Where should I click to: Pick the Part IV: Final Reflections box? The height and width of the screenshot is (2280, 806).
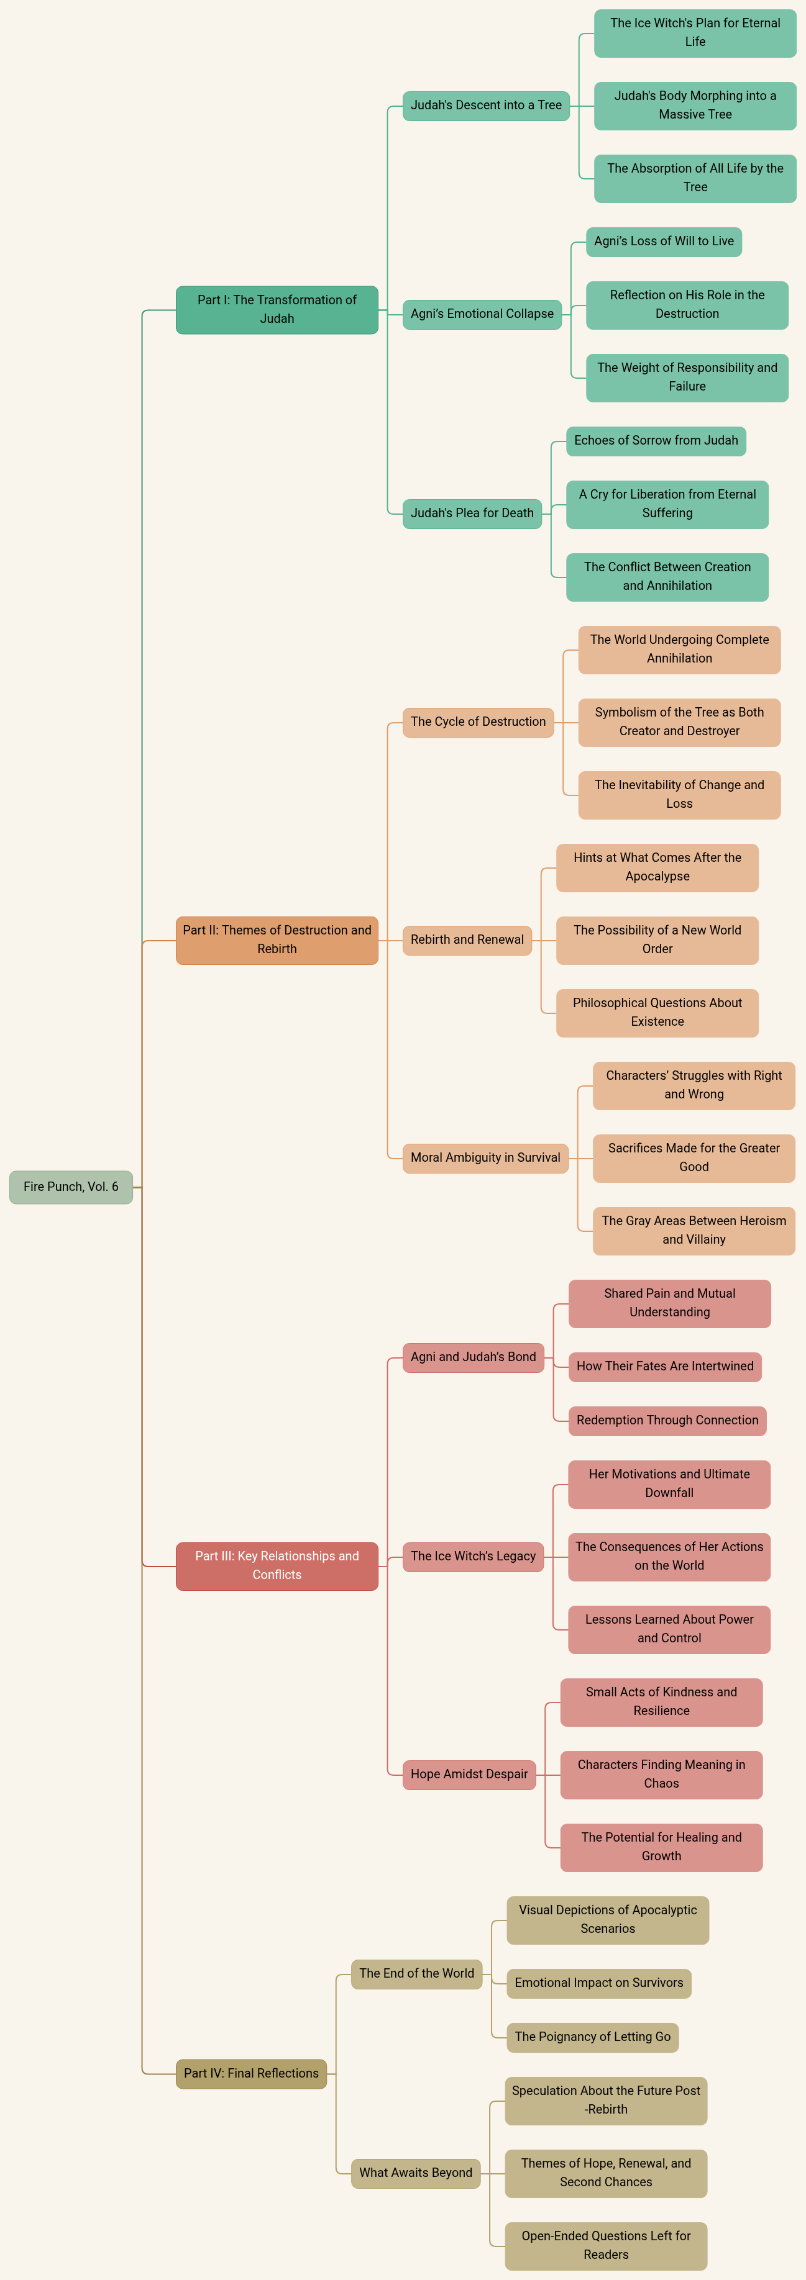pos(250,2073)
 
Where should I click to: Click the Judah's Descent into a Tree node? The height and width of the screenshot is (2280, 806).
pos(485,106)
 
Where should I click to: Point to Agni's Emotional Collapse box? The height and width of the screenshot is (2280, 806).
pos(482,314)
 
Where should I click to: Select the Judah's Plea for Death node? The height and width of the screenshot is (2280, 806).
pos(472,512)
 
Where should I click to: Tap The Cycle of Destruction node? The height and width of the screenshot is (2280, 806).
pos(479,722)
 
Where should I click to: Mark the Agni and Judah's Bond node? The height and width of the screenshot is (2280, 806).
pos(473,1357)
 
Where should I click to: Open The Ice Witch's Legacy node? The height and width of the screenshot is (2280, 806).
pos(473,1556)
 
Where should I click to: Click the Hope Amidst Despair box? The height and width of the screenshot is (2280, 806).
pos(469,1774)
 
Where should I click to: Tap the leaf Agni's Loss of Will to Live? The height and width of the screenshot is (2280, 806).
pos(664,241)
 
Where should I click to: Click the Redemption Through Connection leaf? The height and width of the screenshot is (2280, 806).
pos(667,1419)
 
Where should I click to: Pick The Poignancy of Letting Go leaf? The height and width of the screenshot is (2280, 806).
pos(593,2037)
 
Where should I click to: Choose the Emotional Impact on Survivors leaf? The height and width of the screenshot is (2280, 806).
pos(598,1983)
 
